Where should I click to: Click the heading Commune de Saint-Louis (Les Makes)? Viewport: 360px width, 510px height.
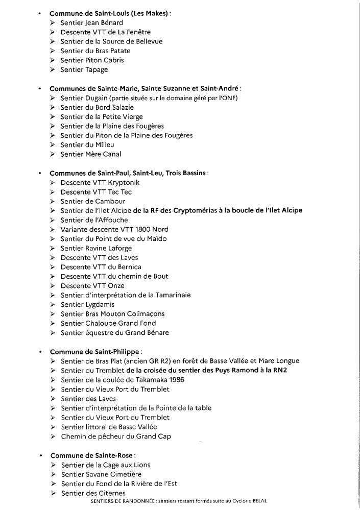(x=110, y=13)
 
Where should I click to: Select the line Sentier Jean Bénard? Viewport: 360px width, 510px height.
(x=91, y=23)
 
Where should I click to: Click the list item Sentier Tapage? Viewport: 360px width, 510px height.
(x=84, y=69)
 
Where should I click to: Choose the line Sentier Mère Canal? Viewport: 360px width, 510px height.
(x=90, y=154)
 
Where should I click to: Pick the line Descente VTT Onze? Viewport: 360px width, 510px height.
(x=92, y=285)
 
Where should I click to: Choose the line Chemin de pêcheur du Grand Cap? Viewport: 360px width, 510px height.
(x=115, y=436)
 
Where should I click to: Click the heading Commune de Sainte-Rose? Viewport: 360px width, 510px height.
(x=92, y=455)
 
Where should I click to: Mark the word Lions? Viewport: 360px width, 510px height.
(x=139, y=465)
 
